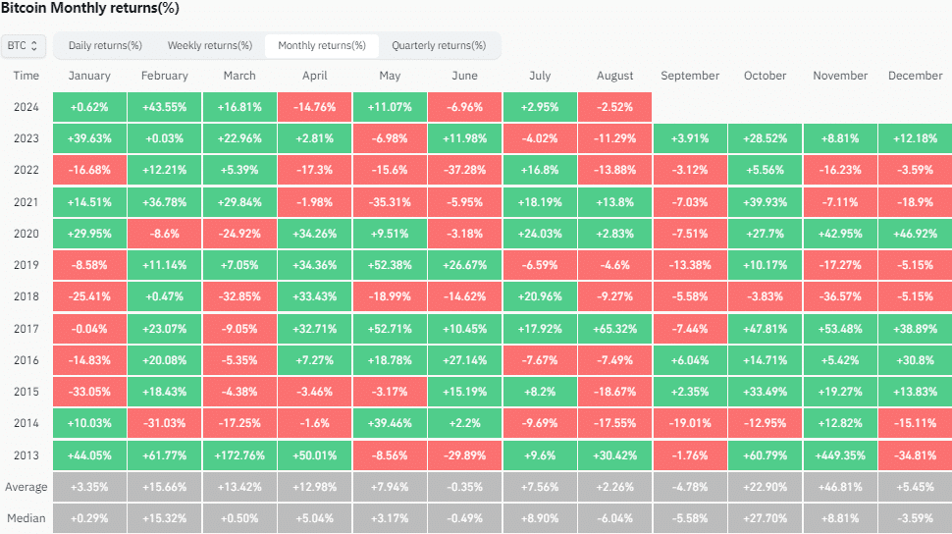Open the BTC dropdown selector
pos(25,45)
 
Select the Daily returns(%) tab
pos(105,45)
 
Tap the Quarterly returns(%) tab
pos(439,45)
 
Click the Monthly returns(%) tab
pos(321,45)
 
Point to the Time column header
pos(26,76)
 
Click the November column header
pos(840,76)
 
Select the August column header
pos(615,76)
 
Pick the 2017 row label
pos(26,329)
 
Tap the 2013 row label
pos(26,455)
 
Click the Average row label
pos(26,487)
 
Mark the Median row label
pos(26,518)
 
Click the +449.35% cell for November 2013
pos(840,455)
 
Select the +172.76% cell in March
pos(239,455)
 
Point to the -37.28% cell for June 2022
pos(465,171)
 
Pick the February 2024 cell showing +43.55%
pos(165,107)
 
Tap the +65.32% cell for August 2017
pos(615,329)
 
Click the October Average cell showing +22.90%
pos(766,487)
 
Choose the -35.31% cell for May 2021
pos(390,202)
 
